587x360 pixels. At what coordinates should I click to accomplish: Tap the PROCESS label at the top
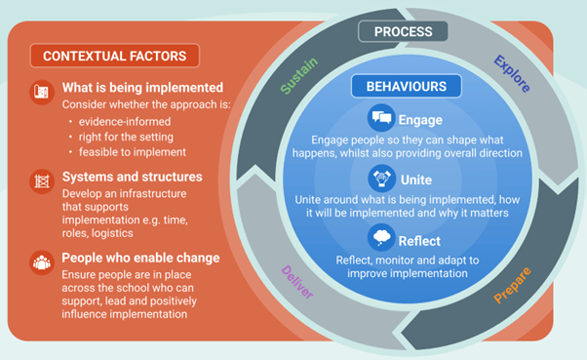tap(404, 31)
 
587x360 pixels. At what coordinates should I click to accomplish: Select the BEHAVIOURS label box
tap(406, 86)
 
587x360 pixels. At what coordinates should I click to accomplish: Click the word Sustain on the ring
tap(299, 76)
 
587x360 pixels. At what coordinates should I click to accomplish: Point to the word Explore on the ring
tap(511, 73)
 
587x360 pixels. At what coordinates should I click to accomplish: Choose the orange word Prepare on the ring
tap(513, 284)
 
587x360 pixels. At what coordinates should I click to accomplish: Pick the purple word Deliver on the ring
tap(298, 282)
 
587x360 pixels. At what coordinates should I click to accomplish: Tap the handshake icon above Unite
tap(382, 178)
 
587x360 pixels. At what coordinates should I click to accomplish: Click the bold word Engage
tap(420, 121)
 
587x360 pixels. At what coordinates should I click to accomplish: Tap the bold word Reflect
tap(419, 241)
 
